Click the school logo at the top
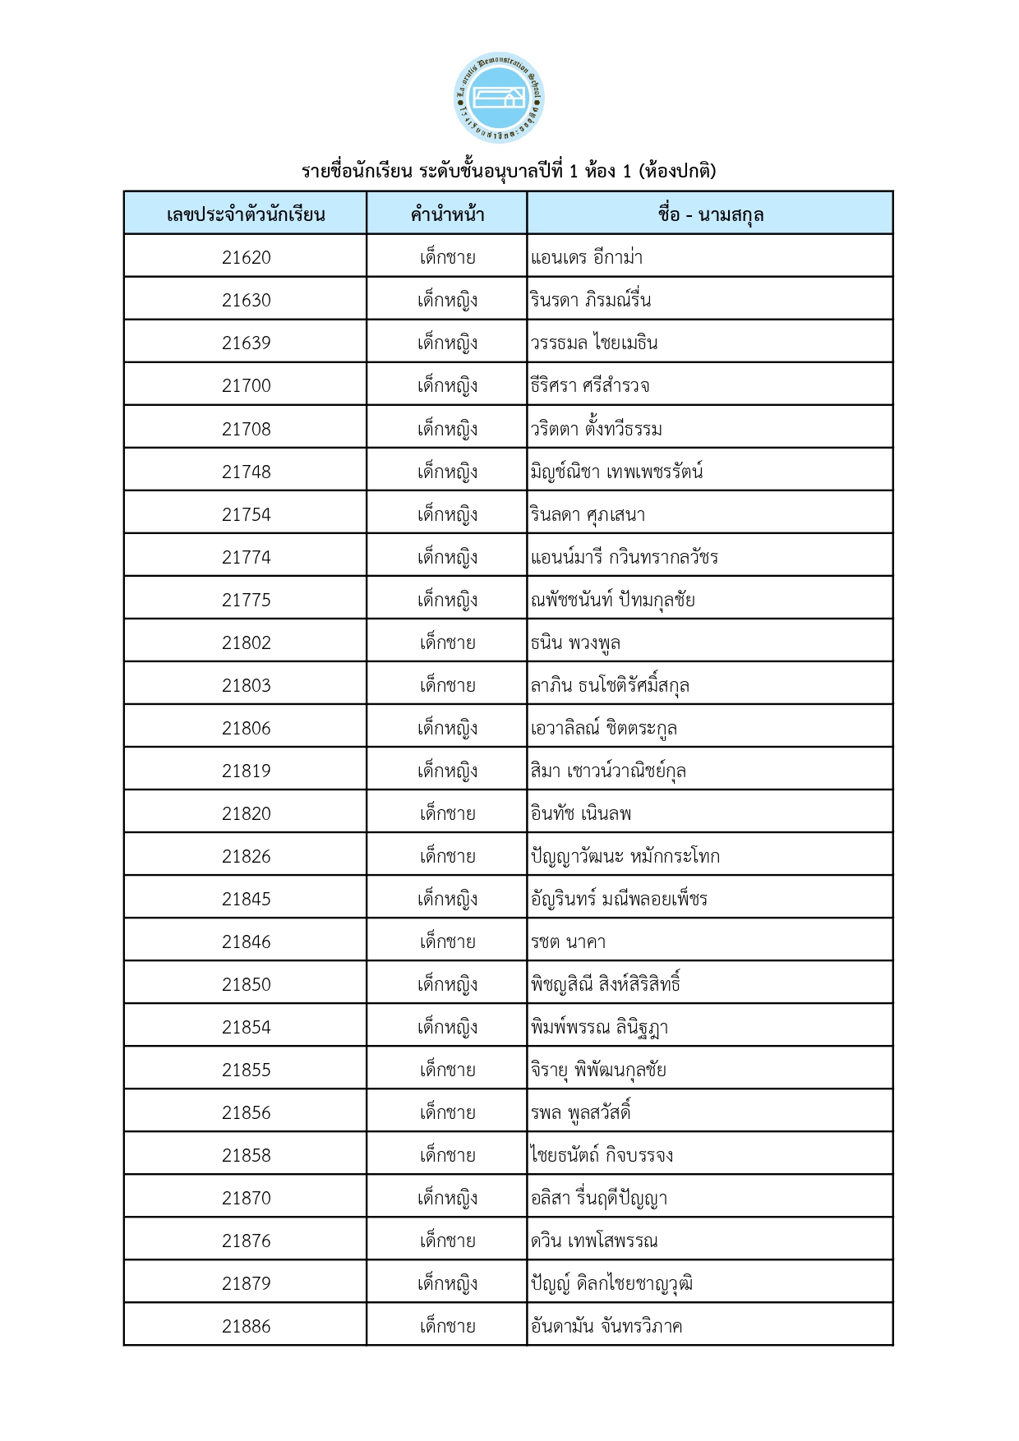pyautogui.click(x=499, y=98)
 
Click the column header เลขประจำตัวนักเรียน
pyautogui.click(x=246, y=214)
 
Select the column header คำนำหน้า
pyautogui.click(x=447, y=214)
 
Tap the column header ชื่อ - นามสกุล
pyautogui.click(x=710, y=214)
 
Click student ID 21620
pyautogui.click(x=246, y=257)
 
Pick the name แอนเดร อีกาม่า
pyautogui.click(x=587, y=257)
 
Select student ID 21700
pyautogui.click(x=246, y=385)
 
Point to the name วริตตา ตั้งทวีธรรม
pyautogui.click(x=596, y=429)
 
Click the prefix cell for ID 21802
pyautogui.click(x=447, y=642)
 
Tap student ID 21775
pyautogui.click(x=246, y=600)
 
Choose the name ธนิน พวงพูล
pyautogui.click(x=575, y=642)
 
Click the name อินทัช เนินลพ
pyautogui.click(x=581, y=813)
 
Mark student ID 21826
pyautogui.click(x=246, y=856)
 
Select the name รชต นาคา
pyautogui.click(x=568, y=941)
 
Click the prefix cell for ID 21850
pyautogui.click(x=447, y=984)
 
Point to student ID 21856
pyautogui.click(x=246, y=1112)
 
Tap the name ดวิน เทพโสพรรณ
pyautogui.click(x=594, y=1241)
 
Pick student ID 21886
pyautogui.click(x=246, y=1326)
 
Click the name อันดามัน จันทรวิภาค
pyautogui.click(x=606, y=1326)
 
